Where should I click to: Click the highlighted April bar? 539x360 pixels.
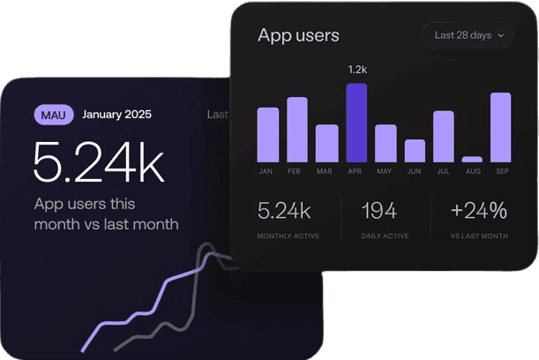coord(356,123)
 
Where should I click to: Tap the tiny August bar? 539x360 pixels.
coord(472,159)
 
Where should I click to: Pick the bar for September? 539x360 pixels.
coord(500,127)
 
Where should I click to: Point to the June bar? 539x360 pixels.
coord(415,150)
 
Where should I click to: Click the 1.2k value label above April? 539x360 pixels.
coord(356,69)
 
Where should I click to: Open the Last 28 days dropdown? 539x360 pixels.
coord(468,35)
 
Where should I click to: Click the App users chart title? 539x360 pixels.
coord(298,35)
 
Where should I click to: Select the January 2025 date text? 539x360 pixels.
coord(117,114)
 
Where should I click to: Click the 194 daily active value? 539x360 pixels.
coord(378,211)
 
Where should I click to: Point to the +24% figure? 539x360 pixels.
coord(479,211)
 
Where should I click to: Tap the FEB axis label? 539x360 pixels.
coord(297,171)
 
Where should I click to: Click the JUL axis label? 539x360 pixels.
coord(444,171)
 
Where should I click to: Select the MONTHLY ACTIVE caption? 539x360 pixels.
coord(288,236)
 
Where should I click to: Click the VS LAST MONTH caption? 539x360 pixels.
coord(479,236)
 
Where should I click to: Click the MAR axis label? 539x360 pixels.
coord(326,171)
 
